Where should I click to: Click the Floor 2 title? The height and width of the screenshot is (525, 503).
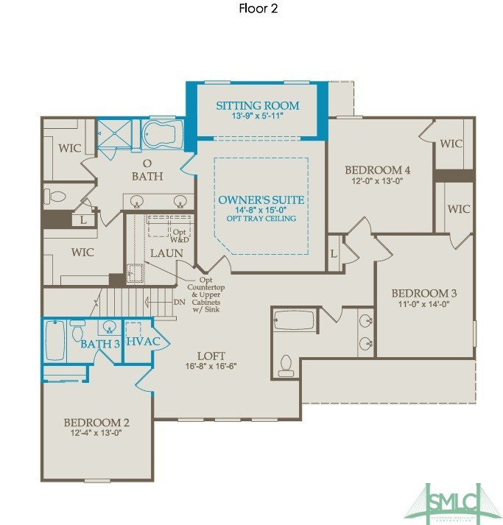tap(258, 10)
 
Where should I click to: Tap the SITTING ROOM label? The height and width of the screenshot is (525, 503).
tap(256, 105)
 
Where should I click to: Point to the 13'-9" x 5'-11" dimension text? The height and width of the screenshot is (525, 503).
tap(256, 116)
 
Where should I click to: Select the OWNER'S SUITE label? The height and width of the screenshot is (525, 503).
tap(261, 200)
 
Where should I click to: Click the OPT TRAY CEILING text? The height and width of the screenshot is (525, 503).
tap(261, 219)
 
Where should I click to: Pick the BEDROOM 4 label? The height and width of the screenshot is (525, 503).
tap(378, 170)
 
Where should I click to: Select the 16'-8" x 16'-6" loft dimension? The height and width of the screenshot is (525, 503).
tap(211, 365)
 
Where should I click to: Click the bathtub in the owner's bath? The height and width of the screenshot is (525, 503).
tap(163, 134)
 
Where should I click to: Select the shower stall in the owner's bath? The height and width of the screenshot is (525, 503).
tap(116, 133)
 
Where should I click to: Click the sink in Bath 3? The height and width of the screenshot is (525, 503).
tap(108, 327)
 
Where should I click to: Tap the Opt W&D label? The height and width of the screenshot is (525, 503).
tap(179, 236)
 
